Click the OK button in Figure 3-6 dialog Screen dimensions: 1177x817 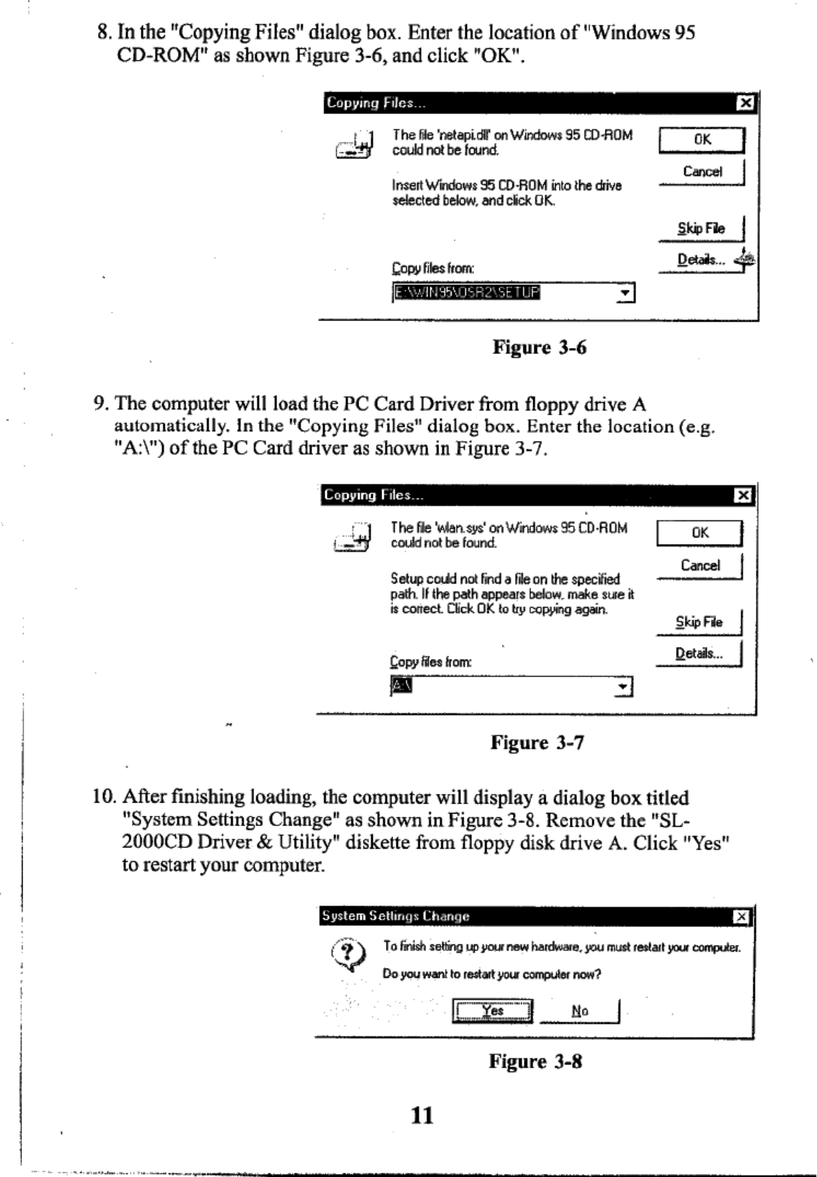pos(702,139)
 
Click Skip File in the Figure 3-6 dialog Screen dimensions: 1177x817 pos(701,228)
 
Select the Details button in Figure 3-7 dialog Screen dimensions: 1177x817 pos(699,654)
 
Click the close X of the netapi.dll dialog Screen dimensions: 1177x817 pos(745,104)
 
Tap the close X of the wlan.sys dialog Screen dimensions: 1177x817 pos(743,496)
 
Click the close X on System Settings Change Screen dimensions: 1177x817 pos(741,917)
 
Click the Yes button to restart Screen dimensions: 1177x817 pos(493,1011)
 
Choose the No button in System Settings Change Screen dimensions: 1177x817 pos(580,1011)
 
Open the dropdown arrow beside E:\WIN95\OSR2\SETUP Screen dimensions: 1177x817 pos(625,294)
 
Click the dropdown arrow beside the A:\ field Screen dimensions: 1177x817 pos(623,687)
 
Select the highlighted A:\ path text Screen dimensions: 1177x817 pos(402,686)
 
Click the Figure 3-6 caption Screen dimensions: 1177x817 pos(539,347)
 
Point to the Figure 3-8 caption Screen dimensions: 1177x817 pos(535,1062)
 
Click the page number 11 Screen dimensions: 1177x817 pos(422,1115)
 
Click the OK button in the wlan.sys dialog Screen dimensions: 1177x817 pos(700,533)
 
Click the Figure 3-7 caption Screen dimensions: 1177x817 pos(537,744)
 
